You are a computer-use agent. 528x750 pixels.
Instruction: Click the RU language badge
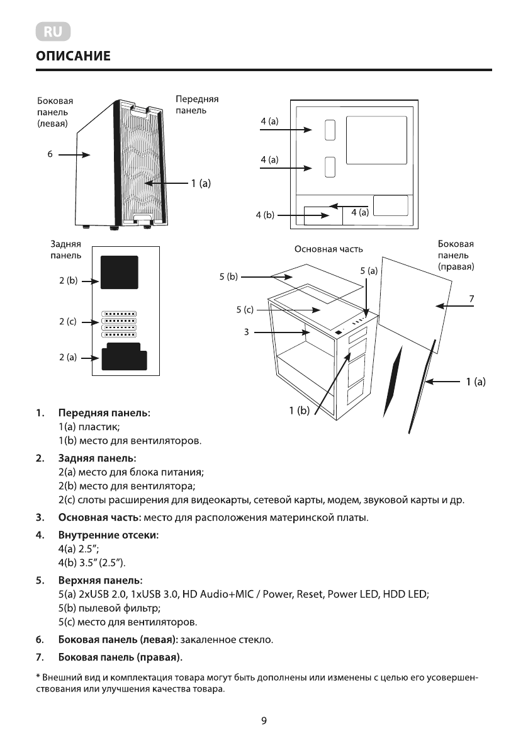(x=53, y=31)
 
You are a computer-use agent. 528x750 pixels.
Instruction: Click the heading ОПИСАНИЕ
(x=74, y=57)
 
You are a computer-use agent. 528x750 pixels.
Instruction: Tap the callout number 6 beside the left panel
(x=49, y=153)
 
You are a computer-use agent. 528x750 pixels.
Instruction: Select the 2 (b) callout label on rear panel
(x=68, y=281)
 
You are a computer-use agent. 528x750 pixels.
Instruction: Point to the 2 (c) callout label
(x=68, y=321)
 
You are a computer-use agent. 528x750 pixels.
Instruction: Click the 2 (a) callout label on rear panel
(x=68, y=357)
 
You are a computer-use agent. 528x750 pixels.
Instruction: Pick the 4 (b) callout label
(x=265, y=215)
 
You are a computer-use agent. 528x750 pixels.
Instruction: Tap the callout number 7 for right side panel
(x=471, y=297)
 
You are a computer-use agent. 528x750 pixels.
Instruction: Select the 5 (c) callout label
(x=245, y=309)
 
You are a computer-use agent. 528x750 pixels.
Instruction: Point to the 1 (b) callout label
(x=300, y=411)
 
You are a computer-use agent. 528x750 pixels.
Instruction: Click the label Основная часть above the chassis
(x=329, y=249)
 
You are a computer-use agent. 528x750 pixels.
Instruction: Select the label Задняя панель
(x=65, y=249)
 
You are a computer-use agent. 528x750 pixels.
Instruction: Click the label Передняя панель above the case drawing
(x=197, y=105)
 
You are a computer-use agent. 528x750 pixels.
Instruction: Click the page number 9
(x=264, y=721)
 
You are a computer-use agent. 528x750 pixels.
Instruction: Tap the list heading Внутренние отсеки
(x=108, y=535)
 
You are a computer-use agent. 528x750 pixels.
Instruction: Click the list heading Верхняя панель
(x=101, y=579)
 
